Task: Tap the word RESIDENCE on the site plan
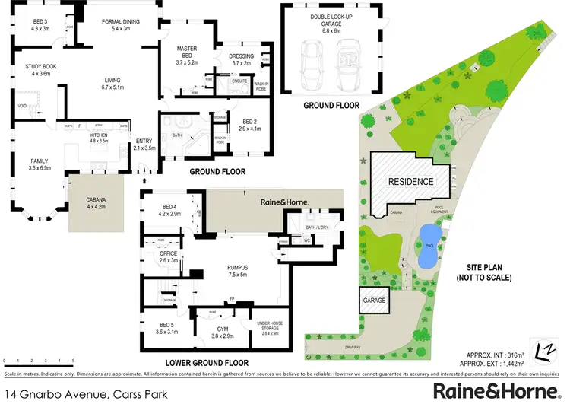(410, 182)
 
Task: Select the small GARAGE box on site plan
(374, 301)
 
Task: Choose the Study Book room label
(40, 71)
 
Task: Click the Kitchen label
(100, 138)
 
